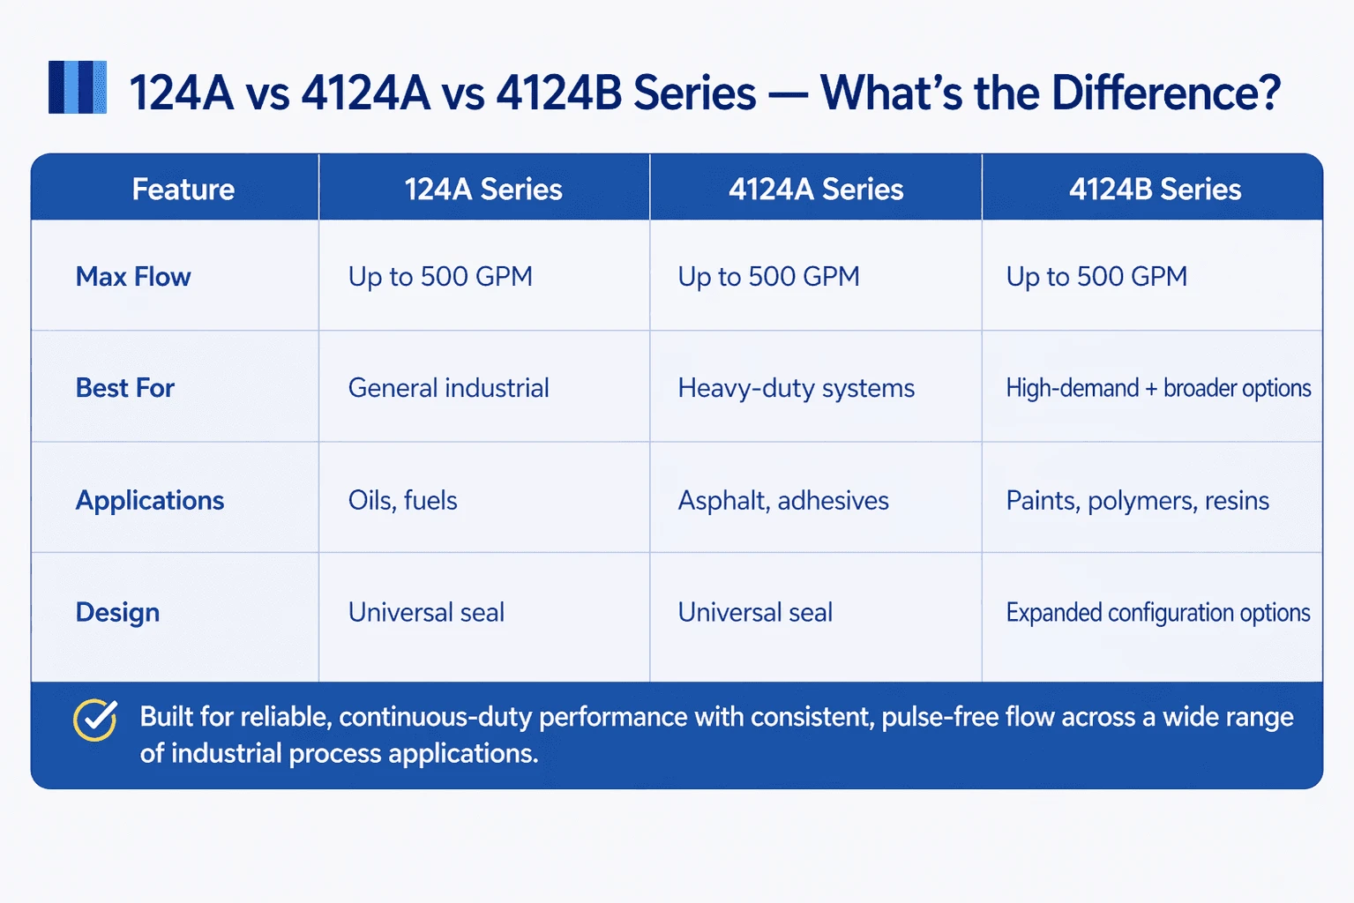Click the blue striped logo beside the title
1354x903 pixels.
coord(78,87)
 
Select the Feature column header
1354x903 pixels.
coord(183,189)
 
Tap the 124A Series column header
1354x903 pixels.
coord(483,189)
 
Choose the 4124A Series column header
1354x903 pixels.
coord(816,189)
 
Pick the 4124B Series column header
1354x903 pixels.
coord(1155,189)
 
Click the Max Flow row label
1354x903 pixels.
coord(133,277)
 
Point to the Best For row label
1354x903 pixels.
coord(125,388)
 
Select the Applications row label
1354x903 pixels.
coord(150,500)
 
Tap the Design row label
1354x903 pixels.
coord(117,612)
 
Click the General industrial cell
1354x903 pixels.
coord(448,388)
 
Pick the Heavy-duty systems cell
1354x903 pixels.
coord(796,388)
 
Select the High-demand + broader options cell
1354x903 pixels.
coord(1158,388)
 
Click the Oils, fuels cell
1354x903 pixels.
coord(402,500)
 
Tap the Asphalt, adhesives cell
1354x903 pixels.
coord(783,500)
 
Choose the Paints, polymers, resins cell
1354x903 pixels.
coord(1137,500)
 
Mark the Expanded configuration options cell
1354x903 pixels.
coord(1158,612)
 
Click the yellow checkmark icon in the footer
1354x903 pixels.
coord(95,720)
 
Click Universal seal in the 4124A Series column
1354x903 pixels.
coord(755,612)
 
